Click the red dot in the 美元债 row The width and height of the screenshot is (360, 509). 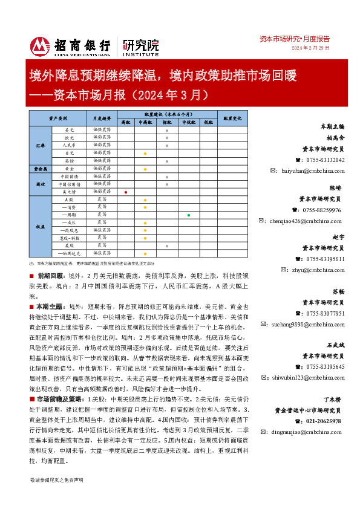point(125,192)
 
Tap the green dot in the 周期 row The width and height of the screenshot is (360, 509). point(189,215)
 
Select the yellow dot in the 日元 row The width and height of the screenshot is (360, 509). point(145,154)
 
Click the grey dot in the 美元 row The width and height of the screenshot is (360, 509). point(166,130)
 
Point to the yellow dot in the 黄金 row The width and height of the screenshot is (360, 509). point(145,169)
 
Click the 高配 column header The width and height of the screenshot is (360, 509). point(125,122)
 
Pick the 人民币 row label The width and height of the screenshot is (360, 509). point(68,146)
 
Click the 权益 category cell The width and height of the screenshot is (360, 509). point(41,226)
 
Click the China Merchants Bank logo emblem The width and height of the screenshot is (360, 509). point(40,47)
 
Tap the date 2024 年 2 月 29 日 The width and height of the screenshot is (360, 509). point(311,48)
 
